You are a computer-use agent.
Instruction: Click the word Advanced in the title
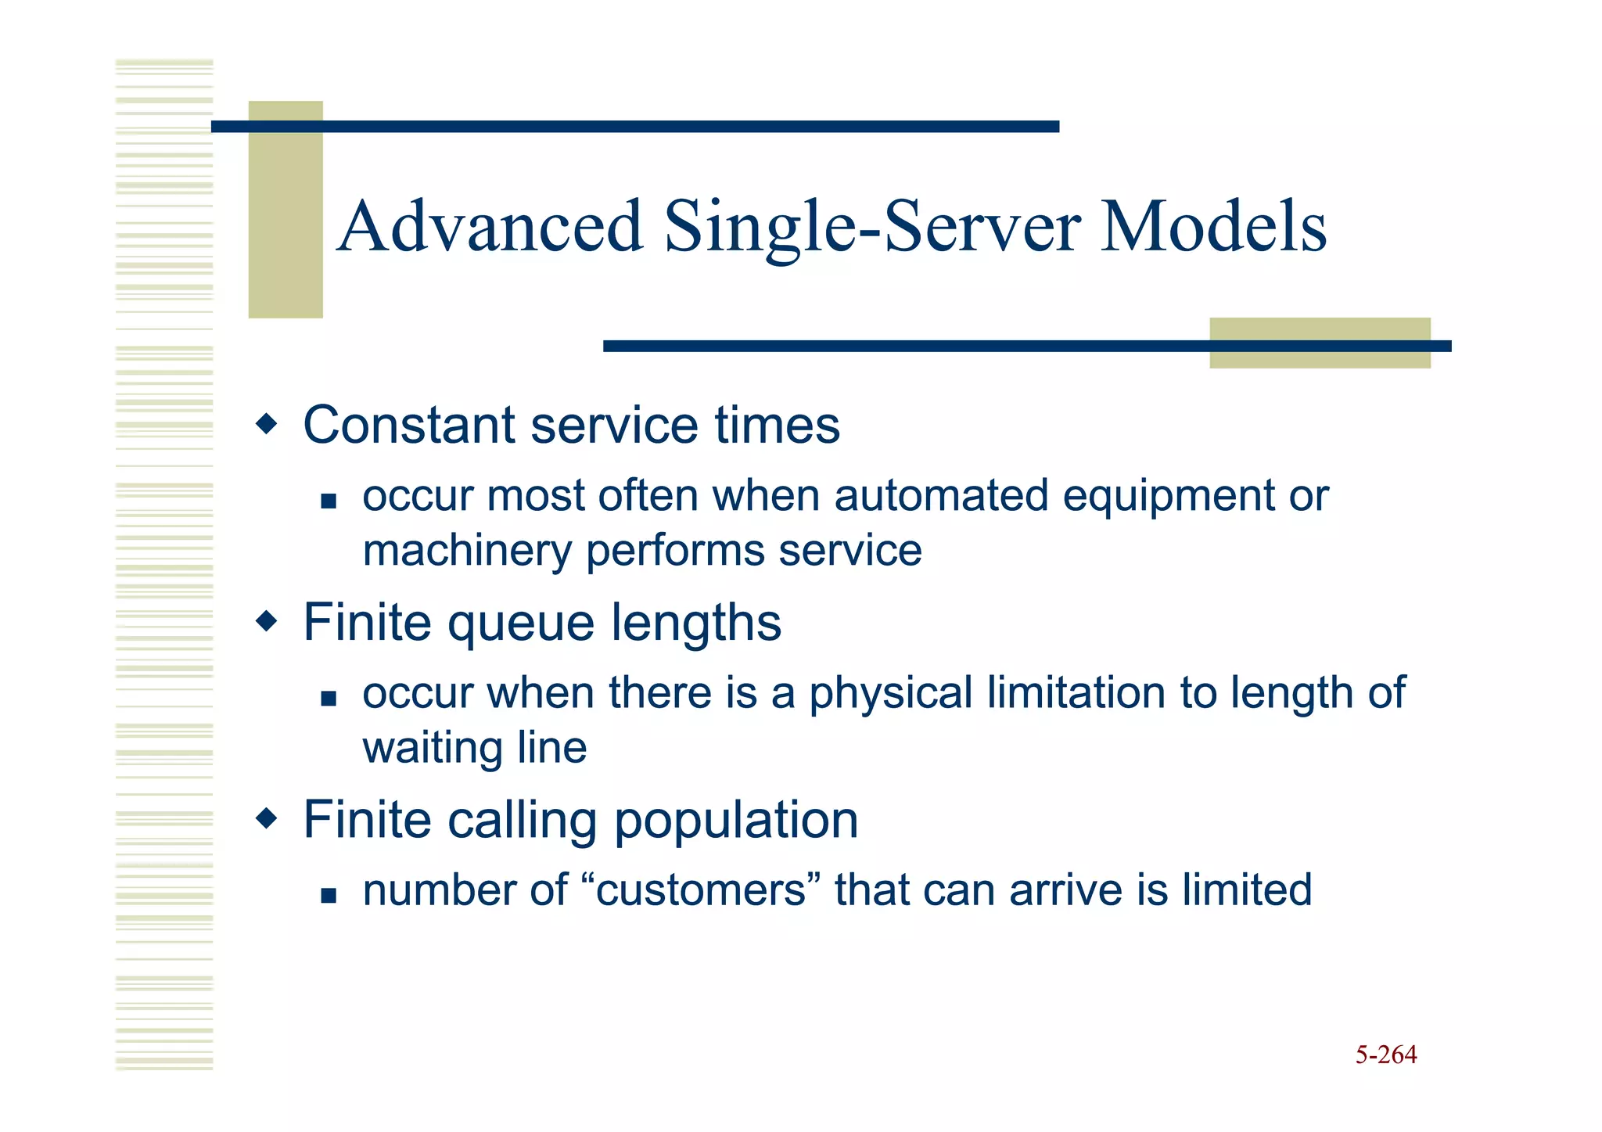coord(491,227)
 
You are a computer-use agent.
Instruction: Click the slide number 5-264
coord(1385,1055)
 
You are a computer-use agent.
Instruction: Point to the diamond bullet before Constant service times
coord(267,425)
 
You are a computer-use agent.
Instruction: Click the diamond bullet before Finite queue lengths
coord(267,622)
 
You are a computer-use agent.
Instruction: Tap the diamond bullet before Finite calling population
coord(267,819)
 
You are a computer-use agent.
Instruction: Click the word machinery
coord(467,551)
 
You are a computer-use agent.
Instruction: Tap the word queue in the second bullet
coord(521,624)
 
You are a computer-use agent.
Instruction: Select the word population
coord(735,821)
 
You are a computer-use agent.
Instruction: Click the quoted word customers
coord(701,891)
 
